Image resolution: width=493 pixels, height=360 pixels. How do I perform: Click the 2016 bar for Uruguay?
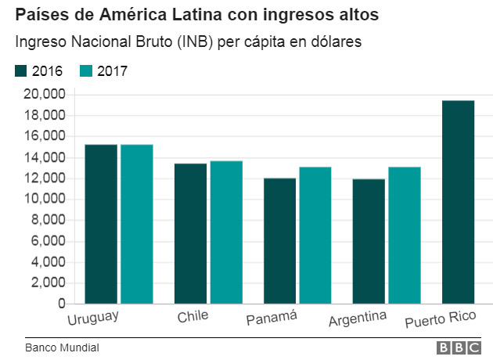(101, 224)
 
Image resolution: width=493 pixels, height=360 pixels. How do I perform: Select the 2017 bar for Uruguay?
(137, 224)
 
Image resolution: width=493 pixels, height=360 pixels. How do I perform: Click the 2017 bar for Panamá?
(315, 235)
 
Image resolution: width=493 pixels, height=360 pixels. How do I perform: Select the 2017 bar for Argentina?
(405, 235)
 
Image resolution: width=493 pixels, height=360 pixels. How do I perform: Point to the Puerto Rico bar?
(458, 202)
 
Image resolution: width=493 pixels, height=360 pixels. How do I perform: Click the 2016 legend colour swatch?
(21, 71)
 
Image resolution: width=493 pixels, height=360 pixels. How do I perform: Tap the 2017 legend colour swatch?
(87, 71)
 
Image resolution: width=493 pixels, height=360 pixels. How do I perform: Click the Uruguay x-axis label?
(92, 318)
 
